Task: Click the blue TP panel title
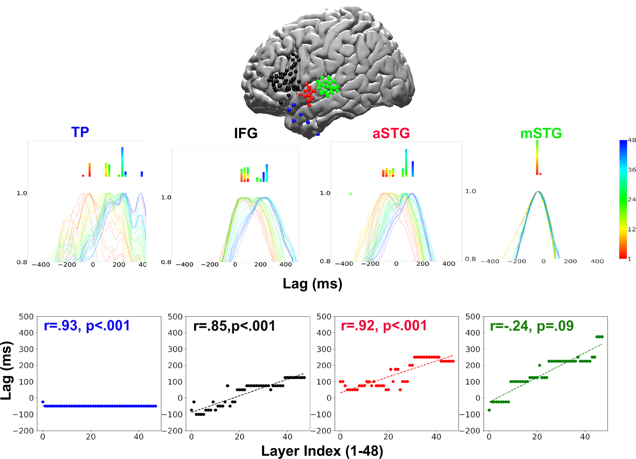pyautogui.click(x=80, y=132)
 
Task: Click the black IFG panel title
pyautogui.click(x=246, y=133)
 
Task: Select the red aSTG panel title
pyautogui.click(x=391, y=133)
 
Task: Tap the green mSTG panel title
pyautogui.click(x=541, y=133)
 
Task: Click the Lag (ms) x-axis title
pyautogui.click(x=312, y=284)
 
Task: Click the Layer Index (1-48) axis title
pyautogui.click(x=322, y=451)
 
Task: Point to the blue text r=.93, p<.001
pyautogui.click(x=87, y=326)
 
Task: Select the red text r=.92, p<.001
pyautogui.click(x=384, y=326)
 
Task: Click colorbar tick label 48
pyautogui.click(x=632, y=140)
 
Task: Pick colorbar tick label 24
pyautogui.click(x=632, y=199)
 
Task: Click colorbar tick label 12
pyautogui.click(x=632, y=229)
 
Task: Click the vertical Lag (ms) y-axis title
pyautogui.click(x=6, y=370)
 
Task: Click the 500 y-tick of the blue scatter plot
pyautogui.click(x=26, y=316)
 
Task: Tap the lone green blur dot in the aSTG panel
pyautogui.click(x=351, y=194)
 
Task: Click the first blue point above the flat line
pyautogui.click(x=43, y=402)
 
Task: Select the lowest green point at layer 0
pyautogui.click(x=489, y=410)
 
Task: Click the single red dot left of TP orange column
pyautogui.click(x=83, y=176)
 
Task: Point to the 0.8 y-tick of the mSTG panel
pyautogui.click(x=470, y=259)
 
